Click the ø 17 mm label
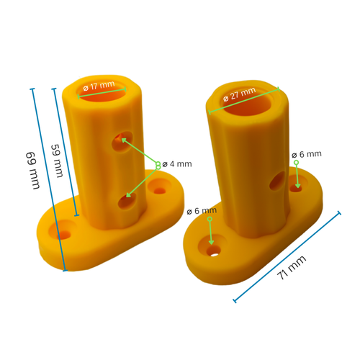coord(99,86)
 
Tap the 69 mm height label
coord(33,170)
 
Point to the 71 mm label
coord(292,272)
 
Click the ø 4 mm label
coord(177,164)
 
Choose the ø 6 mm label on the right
coord(307,154)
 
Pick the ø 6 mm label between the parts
coord(201,211)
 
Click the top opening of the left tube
coord(103,92)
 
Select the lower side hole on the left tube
coord(125,200)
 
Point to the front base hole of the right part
coord(214,252)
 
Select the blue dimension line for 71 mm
coord(287,257)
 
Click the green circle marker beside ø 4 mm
coord(158,166)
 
